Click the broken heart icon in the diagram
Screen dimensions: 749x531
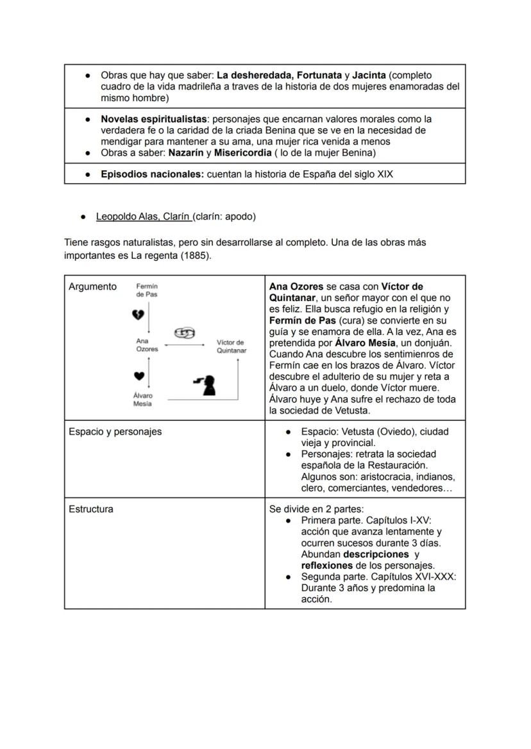tap(138, 315)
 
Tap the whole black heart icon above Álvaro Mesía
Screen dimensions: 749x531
tap(139, 375)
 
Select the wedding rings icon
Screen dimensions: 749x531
tap(184, 333)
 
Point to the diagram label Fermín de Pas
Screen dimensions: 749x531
tap(147, 290)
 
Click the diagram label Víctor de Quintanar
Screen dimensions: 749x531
tap(231, 347)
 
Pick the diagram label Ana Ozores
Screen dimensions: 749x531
tap(147, 345)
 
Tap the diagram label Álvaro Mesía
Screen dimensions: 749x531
tap(143, 400)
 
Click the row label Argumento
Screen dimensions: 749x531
tap(92, 286)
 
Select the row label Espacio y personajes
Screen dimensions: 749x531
tap(115, 431)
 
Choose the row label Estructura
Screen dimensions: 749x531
tap(90, 509)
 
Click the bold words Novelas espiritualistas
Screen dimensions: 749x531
tap(154, 119)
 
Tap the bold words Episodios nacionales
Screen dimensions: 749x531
tap(151, 174)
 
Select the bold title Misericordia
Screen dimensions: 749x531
tap(242, 153)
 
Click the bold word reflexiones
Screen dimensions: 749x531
tap(326, 566)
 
